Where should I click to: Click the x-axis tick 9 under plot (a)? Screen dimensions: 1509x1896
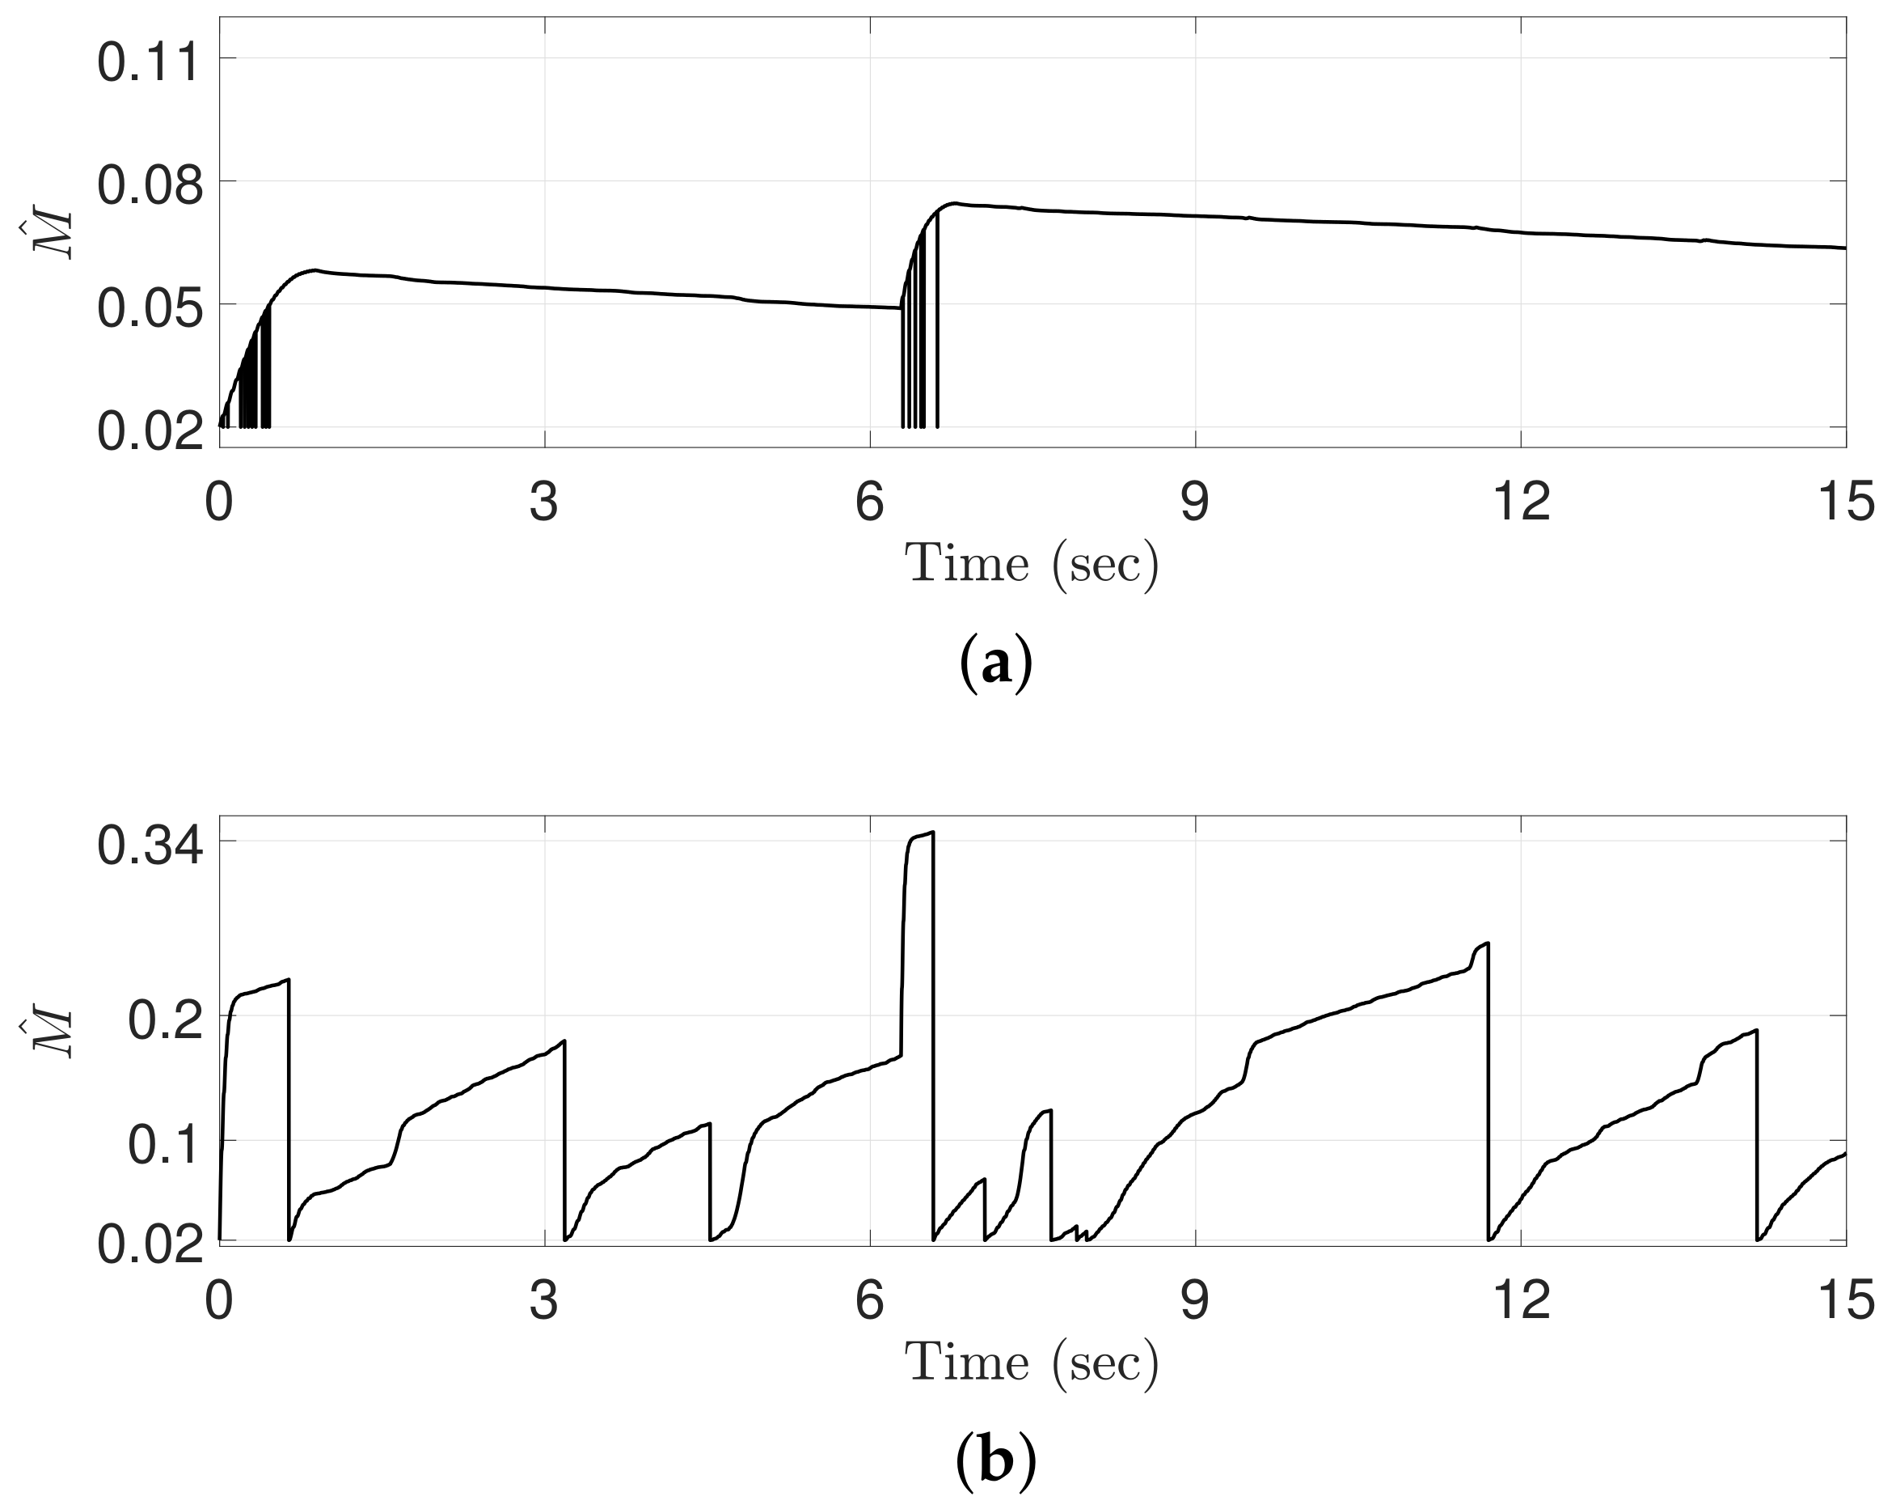1195,503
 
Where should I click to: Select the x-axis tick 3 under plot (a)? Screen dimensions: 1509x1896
544,503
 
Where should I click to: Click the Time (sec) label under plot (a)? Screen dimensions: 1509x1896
1032,564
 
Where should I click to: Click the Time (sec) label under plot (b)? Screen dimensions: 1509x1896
1032,1363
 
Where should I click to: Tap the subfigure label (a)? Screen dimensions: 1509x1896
994,666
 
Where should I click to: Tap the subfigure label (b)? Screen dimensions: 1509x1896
994,1462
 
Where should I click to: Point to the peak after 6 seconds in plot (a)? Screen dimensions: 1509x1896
953,203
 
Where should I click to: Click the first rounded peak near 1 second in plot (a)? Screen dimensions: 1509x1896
313,270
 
